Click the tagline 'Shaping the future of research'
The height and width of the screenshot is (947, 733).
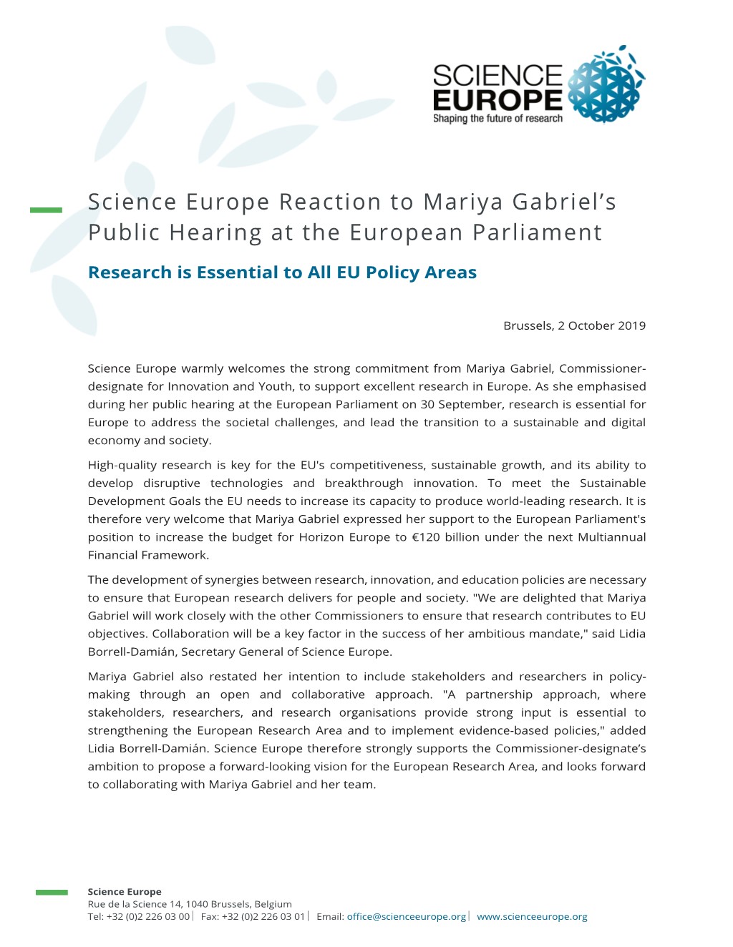[x=497, y=119]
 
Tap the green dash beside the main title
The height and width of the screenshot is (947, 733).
[x=46, y=210]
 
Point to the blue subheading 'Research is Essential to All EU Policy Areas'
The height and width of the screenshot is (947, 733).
[x=282, y=273]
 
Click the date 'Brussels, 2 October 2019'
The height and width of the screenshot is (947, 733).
[x=574, y=325]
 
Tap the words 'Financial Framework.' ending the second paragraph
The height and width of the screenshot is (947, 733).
[x=148, y=555]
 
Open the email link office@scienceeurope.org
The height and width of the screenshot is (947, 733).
[x=406, y=916]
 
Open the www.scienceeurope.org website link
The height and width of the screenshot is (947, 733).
[x=532, y=916]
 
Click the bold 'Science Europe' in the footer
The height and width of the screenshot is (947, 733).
[x=125, y=892]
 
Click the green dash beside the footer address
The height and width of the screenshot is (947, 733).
[x=52, y=892]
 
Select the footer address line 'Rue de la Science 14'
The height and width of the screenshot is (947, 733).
[x=135, y=904]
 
